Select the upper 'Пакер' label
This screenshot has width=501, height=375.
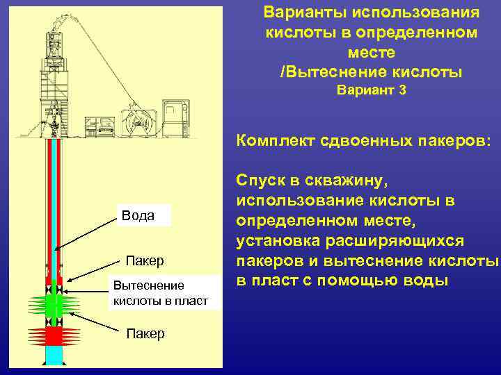[x=145, y=261]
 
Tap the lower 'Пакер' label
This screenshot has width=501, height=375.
[x=145, y=334]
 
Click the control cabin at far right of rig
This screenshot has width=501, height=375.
[x=175, y=114]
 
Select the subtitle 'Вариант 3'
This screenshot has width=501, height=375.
[x=371, y=90]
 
